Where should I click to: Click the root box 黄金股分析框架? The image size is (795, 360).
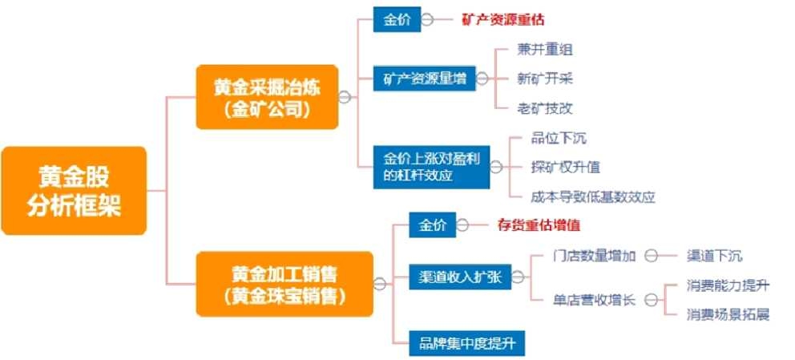click(x=74, y=191)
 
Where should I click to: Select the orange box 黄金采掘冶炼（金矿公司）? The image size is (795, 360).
click(x=267, y=96)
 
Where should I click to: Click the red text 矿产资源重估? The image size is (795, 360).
click(x=508, y=19)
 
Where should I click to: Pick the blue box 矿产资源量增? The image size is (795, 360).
click(x=425, y=78)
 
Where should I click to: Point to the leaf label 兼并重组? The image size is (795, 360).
click(x=546, y=50)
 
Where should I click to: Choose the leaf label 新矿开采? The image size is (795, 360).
click(x=546, y=79)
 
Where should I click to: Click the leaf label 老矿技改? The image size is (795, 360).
click(x=546, y=107)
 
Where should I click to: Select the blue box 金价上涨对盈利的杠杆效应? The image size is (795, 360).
click(x=430, y=168)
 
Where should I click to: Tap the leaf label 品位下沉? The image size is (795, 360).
click(x=559, y=138)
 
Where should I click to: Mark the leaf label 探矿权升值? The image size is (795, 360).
click(x=565, y=167)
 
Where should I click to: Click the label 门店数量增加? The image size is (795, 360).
click(x=595, y=256)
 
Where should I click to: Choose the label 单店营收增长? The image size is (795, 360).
click(x=595, y=300)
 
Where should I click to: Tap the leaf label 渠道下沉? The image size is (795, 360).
click(x=715, y=256)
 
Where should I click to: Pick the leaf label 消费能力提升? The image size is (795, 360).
click(x=728, y=285)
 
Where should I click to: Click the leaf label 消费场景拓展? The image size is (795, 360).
click(x=728, y=314)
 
